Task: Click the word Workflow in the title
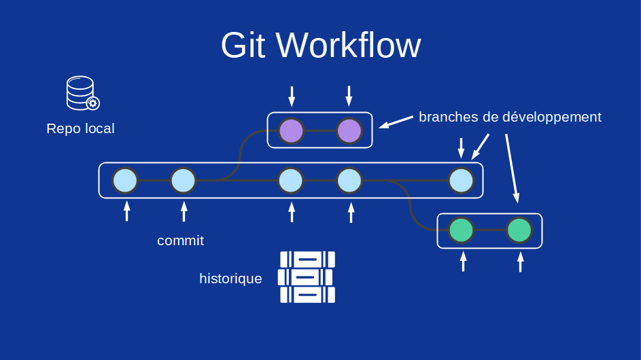pyautogui.click(x=348, y=46)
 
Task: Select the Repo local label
pyautogui.click(x=80, y=128)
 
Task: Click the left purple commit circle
pyautogui.click(x=292, y=130)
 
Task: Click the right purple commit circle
pyautogui.click(x=349, y=130)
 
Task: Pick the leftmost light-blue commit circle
pyautogui.click(x=125, y=181)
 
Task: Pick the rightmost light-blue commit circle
pyautogui.click(x=461, y=181)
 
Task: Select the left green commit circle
pyautogui.click(x=462, y=230)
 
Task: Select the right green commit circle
pyautogui.click(x=519, y=230)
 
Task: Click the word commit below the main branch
pyautogui.click(x=180, y=240)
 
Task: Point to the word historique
pyautogui.click(x=230, y=278)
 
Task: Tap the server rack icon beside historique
pyautogui.click(x=307, y=277)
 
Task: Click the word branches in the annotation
pyautogui.click(x=448, y=117)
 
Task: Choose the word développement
pyautogui.click(x=551, y=117)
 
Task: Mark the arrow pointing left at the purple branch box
pyautogui.click(x=396, y=122)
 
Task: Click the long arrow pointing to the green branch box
pyautogui.click(x=511, y=167)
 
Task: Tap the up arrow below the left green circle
pyautogui.click(x=464, y=262)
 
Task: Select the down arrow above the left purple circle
pyautogui.click(x=292, y=96)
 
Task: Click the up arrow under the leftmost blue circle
pyautogui.click(x=126, y=211)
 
